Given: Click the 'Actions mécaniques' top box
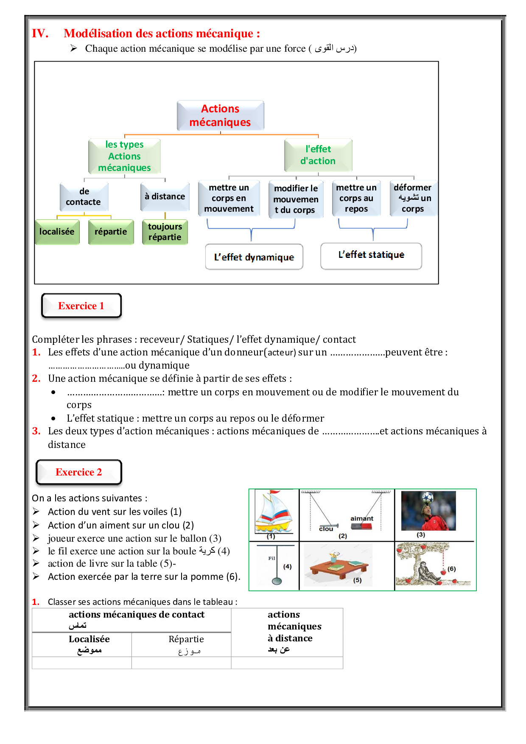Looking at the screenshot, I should pos(220,115).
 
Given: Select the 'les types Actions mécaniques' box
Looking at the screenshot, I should pos(124,156).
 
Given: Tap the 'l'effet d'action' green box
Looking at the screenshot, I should pos(318,155).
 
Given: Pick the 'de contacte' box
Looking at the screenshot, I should pos(84,197).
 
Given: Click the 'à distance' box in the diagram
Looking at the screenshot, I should pos(165,196).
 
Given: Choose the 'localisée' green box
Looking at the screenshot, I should pos(57,232).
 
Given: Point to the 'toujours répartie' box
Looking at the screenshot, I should pos(165,232).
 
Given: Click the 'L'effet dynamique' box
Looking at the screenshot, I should pos(254,257).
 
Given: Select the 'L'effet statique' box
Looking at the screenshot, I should pos(371,255).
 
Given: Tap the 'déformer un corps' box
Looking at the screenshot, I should pos(413,198).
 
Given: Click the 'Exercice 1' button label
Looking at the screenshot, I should pos(81,306).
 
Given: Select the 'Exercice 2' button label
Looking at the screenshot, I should pos(79,472).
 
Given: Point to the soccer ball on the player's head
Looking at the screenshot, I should pos(427,497).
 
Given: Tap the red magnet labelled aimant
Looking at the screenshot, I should pos(361,526).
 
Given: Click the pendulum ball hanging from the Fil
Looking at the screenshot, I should pos(277,581).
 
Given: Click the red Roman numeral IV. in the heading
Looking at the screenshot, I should pos(40,34).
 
